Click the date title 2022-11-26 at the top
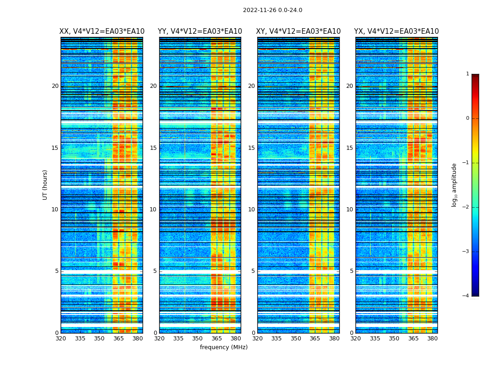[272, 10]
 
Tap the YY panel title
[200, 31]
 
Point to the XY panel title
[299, 31]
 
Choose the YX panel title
[396, 31]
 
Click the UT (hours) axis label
[45, 185]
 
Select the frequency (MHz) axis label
[224, 347]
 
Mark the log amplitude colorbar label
[455, 185]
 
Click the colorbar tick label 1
[467, 74]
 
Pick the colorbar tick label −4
[466, 296]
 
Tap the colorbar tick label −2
[466, 207]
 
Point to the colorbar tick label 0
[467, 118]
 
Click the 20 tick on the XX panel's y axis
[55, 86]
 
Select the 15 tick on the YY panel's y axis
[153, 148]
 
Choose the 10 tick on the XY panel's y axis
[251, 210]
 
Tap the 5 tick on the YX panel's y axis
[351, 271]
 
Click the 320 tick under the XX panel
[61, 339]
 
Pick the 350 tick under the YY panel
[198, 339]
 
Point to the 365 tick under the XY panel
[315, 339]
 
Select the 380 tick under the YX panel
[432, 339]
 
